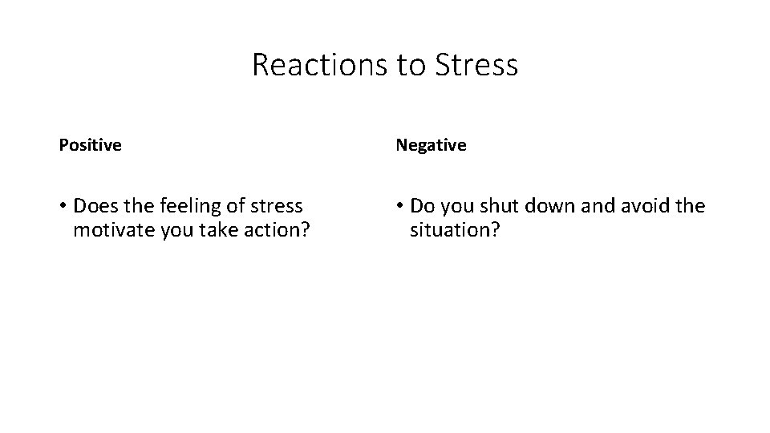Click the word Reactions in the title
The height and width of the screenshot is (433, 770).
(x=319, y=65)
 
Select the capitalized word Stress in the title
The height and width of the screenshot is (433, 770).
(x=477, y=65)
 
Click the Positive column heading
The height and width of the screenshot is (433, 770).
(x=90, y=145)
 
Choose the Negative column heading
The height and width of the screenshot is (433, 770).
(x=430, y=145)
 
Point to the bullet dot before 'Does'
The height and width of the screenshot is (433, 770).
(x=63, y=207)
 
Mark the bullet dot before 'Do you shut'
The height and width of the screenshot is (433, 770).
(x=399, y=207)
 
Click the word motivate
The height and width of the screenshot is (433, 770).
(x=109, y=231)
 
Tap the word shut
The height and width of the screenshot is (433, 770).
(x=500, y=206)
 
